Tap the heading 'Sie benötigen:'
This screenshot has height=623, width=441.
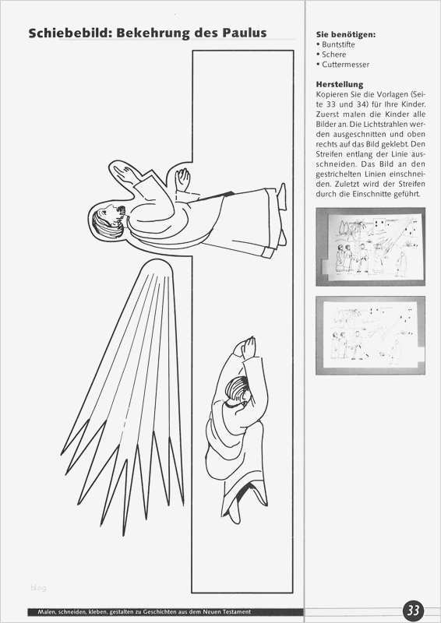(x=346, y=35)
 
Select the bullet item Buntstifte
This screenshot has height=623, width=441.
(x=336, y=44)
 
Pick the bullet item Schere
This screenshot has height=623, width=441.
(x=331, y=55)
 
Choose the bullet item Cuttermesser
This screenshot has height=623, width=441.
(x=343, y=65)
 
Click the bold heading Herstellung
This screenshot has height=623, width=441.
(x=340, y=85)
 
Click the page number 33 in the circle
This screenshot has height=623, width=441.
(x=414, y=610)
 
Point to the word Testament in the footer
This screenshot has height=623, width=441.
(x=236, y=612)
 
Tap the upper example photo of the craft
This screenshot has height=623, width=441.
(x=370, y=247)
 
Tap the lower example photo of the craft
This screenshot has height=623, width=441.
(x=370, y=336)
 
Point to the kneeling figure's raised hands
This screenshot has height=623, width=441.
(x=245, y=347)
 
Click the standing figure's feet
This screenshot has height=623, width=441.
(x=281, y=215)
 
